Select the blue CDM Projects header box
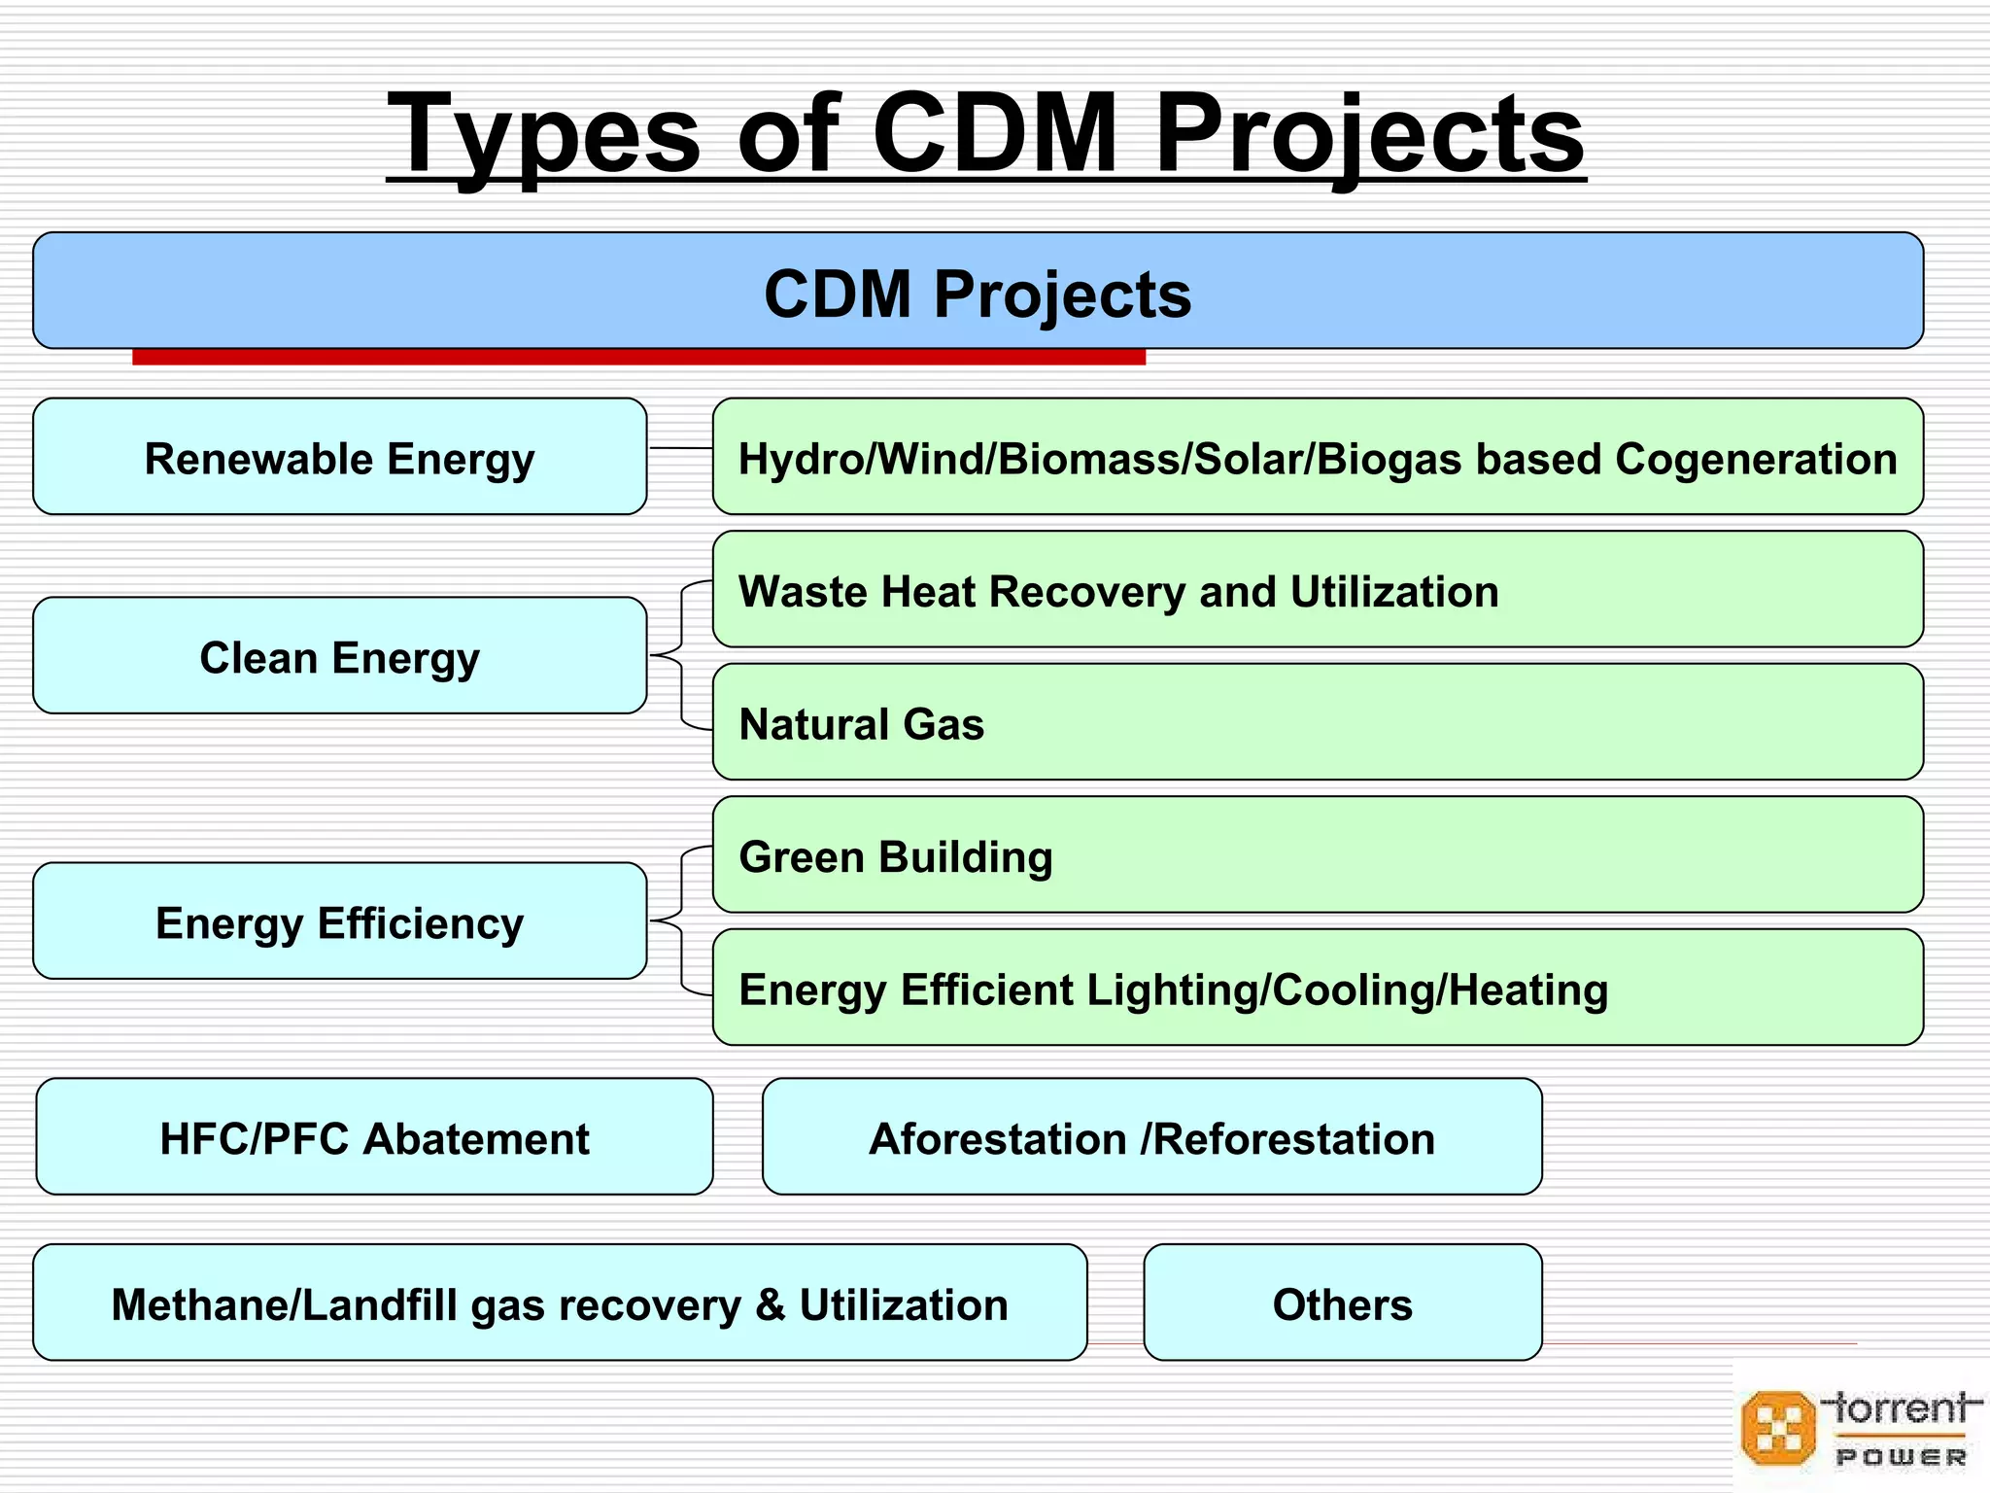coord(978,292)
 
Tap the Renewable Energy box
coord(339,457)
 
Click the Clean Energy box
coord(339,656)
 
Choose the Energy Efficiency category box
coord(339,921)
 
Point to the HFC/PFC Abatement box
coord(374,1137)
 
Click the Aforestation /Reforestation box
coord(1151,1137)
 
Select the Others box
coord(1342,1303)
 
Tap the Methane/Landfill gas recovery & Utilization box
coord(560,1303)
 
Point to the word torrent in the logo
coord(1900,1407)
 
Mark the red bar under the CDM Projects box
coord(638,358)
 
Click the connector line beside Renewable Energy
coord(679,448)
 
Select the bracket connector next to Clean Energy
coord(681,656)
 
